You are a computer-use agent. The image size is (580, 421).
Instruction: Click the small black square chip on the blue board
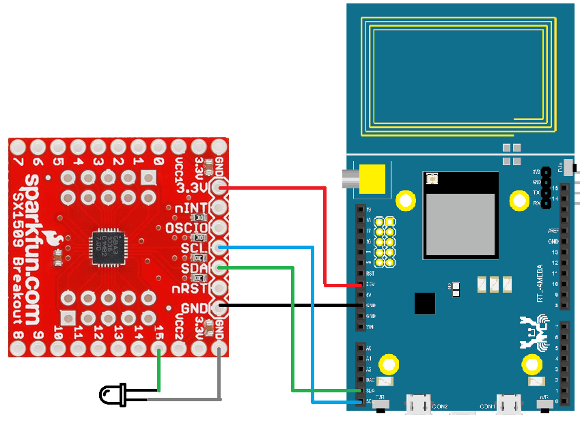[425, 303]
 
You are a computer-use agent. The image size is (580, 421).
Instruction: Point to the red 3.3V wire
[287, 187]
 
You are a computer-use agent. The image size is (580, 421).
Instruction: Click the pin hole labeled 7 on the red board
[18, 146]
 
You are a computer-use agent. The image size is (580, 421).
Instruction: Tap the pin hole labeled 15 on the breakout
[159, 349]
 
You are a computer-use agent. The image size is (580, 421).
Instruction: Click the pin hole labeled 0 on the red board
[158, 146]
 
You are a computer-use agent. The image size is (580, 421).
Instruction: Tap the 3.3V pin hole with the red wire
[219, 187]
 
